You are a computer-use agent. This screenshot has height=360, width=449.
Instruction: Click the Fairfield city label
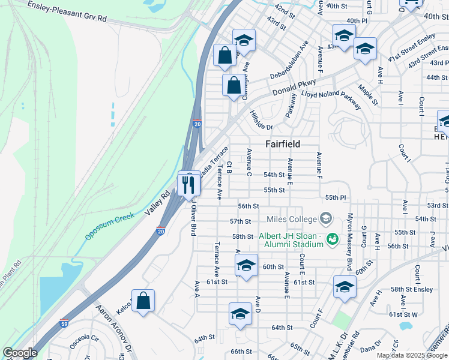point(283,144)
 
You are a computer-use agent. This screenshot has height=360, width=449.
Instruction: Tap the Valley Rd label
point(157,204)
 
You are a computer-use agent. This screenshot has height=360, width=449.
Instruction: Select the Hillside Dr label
point(262,121)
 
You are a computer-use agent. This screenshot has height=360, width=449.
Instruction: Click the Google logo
point(20,353)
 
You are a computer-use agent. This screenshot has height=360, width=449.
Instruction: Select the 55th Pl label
point(336,197)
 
